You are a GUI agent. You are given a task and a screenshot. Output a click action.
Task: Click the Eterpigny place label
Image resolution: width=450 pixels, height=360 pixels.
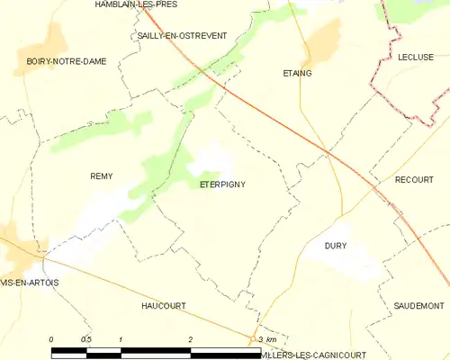pos(222,184)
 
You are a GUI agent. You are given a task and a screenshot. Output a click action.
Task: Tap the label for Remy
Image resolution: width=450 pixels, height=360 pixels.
pos(101,176)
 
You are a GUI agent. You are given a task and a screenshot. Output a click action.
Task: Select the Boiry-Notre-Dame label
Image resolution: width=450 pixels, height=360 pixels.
pos(55,61)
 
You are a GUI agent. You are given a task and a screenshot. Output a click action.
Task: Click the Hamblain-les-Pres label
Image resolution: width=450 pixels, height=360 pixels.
pos(136,4)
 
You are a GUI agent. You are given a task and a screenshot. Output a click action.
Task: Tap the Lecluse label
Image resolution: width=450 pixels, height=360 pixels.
pos(415,57)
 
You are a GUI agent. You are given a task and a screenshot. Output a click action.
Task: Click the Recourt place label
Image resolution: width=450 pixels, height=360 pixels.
pos(414,180)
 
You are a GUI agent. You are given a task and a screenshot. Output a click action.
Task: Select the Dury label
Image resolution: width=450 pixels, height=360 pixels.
pos(336,245)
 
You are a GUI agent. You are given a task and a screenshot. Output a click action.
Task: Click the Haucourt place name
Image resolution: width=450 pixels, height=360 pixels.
pos(163,306)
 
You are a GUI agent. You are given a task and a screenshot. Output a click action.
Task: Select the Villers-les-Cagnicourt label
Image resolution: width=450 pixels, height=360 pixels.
pos(306,355)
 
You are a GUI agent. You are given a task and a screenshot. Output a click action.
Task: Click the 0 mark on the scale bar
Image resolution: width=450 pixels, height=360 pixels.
pos(51,338)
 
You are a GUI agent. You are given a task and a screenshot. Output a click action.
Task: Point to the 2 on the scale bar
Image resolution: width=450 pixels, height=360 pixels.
pos(190,338)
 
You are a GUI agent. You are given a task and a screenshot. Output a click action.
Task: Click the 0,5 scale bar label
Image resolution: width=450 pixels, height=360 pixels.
pos(85,338)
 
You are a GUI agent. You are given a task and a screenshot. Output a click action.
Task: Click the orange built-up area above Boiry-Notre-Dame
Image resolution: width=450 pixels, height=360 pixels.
pos(51,37)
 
